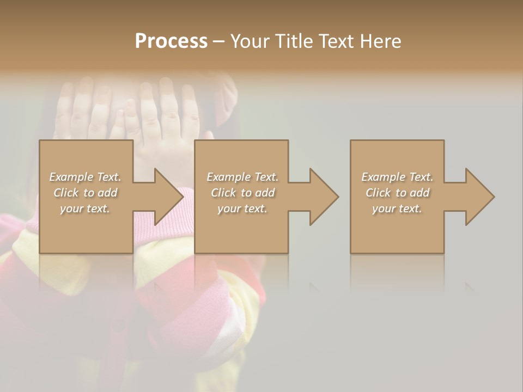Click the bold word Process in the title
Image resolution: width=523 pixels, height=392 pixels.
tap(171, 41)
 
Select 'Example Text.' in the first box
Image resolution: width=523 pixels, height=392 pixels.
tap(85, 177)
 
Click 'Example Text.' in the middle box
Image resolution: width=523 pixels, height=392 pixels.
tap(242, 177)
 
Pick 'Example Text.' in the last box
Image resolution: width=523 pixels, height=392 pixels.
tap(397, 177)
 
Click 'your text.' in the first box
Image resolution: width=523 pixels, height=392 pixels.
tap(85, 209)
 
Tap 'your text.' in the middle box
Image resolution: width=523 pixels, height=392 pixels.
tap(242, 209)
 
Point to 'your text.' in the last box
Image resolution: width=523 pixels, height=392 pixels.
tap(397, 209)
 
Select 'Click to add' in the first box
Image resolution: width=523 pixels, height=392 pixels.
tap(85, 193)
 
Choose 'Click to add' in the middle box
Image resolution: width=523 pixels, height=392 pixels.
tap(242, 193)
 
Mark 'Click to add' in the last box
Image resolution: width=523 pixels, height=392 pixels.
tap(397, 193)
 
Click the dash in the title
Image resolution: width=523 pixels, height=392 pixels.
tap(219, 41)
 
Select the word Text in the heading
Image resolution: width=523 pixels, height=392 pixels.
tap(336, 41)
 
